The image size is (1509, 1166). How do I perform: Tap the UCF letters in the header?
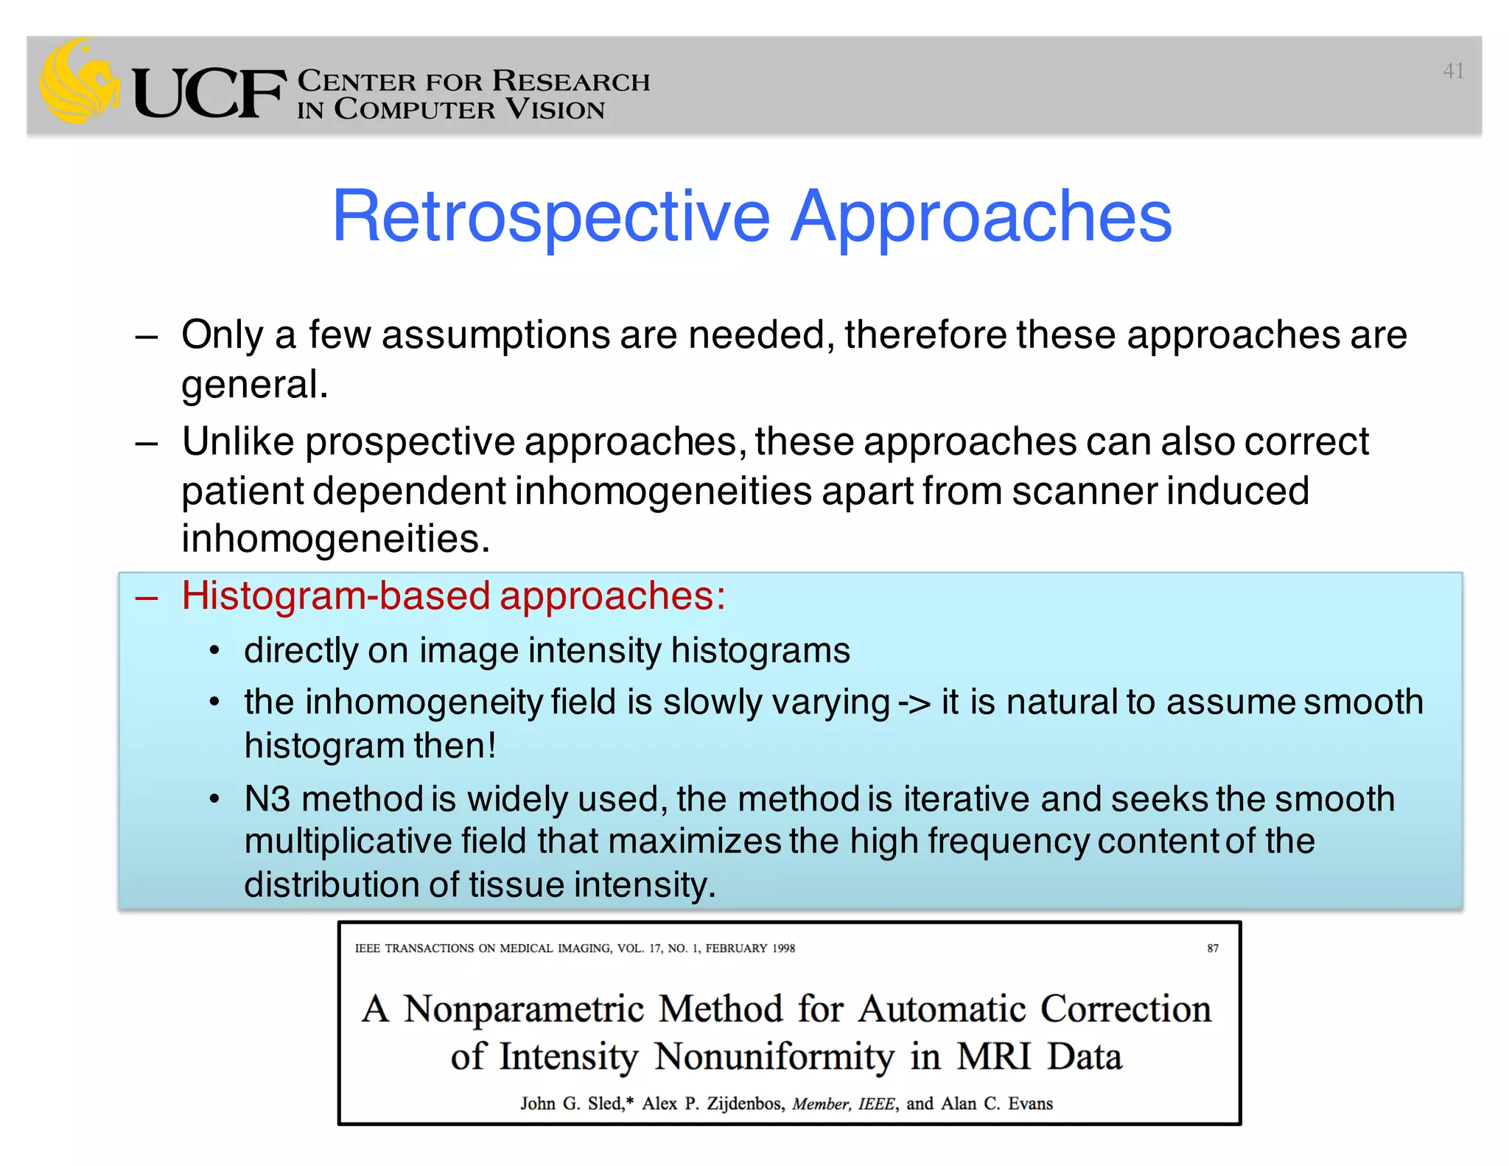209,94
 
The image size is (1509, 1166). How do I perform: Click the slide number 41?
1453,71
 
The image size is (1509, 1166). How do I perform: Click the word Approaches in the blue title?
981,217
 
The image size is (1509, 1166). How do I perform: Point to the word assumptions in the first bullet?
495,336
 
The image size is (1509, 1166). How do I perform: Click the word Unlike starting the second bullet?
237,442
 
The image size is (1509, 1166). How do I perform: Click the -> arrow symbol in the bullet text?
914,702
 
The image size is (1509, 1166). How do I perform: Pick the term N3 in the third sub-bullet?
267,800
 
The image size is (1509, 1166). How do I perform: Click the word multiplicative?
348,842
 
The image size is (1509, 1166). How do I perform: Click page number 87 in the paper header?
1212,949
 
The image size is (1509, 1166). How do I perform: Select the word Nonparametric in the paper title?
524,1009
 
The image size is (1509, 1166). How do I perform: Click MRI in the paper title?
993,1056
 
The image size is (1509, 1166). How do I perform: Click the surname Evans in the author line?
1030,1103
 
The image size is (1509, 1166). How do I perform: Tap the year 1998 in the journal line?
783,949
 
